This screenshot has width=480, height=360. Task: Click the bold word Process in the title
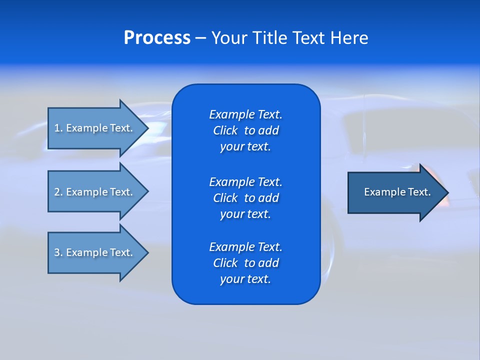157,38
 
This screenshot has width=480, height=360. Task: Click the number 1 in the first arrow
57,128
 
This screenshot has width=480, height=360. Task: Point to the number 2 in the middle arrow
57,192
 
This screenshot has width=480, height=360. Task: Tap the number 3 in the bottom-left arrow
57,252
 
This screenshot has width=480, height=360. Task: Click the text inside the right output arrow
397,192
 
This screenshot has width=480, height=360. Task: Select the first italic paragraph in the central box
245,130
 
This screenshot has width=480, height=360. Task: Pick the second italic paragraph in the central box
245,198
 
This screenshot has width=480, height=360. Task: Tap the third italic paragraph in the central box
245,263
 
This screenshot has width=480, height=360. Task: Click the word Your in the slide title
230,38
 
